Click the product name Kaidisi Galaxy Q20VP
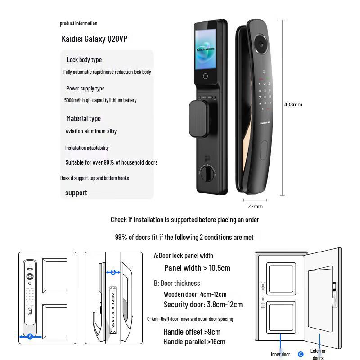(x=94, y=39)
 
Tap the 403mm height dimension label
(x=293, y=105)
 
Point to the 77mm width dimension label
(x=255, y=206)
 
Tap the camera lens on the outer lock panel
(x=261, y=45)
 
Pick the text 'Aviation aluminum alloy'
(x=91, y=131)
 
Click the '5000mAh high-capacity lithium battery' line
(x=100, y=100)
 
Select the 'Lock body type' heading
(x=84, y=60)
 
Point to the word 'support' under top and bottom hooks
(x=76, y=193)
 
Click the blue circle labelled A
(x=30, y=336)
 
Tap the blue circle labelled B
(x=113, y=272)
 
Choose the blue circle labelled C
(x=301, y=354)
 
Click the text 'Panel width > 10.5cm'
(x=197, y=268)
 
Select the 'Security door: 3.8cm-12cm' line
(x=203, y=305)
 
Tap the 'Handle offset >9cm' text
(x=192, y=332)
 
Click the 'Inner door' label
(x=280, y=354)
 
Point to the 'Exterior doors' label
(x=318, y=354)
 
